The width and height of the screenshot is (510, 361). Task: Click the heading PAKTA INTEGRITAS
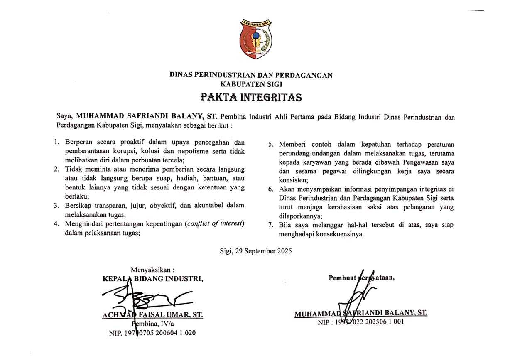[251, 98]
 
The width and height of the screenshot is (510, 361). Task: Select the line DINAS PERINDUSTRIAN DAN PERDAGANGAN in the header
[251, 75]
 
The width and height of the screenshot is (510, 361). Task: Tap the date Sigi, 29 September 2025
[256, 251]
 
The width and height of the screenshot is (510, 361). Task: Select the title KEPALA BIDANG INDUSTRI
[153, 278]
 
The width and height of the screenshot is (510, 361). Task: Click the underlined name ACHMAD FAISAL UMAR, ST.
[152, 314]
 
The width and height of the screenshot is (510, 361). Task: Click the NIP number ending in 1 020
[152, 333]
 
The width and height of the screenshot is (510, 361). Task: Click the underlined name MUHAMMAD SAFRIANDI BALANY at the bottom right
[360, 313]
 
